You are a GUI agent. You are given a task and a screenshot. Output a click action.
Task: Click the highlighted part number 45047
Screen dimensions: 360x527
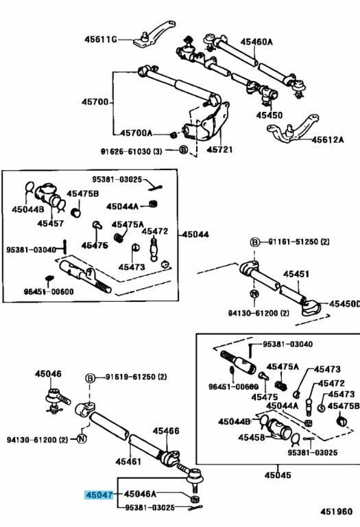tap(99, 494)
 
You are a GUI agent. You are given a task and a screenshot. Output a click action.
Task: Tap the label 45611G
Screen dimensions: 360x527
tap(100, 40)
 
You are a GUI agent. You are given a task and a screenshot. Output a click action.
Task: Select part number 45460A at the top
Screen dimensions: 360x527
tap(256, 42)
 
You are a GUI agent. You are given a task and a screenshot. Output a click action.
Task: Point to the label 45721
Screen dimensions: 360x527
tap(219, 149)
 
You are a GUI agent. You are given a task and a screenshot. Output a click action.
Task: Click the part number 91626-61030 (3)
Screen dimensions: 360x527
tap(131, 151)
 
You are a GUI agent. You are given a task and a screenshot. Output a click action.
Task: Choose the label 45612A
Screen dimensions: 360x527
tap(327, 139)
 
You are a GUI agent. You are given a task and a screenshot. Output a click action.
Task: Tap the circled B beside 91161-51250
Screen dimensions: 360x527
tap(255, 242)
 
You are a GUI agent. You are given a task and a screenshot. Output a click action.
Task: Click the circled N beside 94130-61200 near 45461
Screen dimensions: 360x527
tap(82, 438)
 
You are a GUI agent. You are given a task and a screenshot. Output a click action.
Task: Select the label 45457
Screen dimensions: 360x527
tap(50, 223)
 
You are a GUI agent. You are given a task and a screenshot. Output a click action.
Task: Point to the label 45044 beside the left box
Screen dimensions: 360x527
tap(195, 234)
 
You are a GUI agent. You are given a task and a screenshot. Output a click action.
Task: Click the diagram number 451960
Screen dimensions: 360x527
tap(336, 511)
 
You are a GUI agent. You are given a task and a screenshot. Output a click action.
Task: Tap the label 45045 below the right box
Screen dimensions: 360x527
tap(278, 475)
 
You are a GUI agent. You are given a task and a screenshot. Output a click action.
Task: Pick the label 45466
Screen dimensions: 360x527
tap(166, 431)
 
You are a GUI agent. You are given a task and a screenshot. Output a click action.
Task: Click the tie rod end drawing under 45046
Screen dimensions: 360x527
tap(57, 401)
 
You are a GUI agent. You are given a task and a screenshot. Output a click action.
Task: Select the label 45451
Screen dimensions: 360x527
tap(296, 274)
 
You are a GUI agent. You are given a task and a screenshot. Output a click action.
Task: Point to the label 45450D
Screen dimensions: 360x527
tap(344, 304)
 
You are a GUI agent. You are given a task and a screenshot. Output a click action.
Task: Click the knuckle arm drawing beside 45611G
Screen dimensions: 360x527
tap(154, 34)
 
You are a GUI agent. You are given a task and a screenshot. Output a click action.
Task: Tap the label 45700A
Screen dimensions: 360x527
tap(136, 133)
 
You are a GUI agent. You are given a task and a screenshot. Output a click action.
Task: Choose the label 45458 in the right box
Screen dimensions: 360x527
tap(251, 437)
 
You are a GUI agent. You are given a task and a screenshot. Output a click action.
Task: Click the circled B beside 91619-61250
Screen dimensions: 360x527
tap(91, 379)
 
